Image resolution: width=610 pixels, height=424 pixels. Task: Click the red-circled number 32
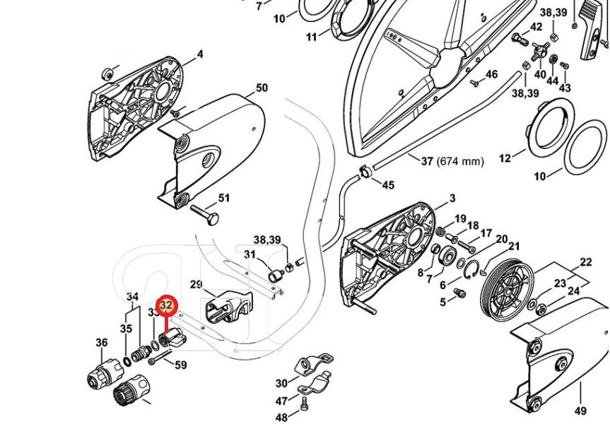166,306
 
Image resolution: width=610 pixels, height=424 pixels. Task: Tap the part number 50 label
262,88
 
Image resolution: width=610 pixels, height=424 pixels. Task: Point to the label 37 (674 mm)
452,161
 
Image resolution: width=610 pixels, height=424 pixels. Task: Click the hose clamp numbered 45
366,170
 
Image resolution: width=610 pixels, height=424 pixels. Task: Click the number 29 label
196,285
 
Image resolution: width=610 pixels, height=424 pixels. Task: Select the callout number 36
102,343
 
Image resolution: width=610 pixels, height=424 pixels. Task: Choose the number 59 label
181,365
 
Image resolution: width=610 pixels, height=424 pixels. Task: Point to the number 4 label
200,54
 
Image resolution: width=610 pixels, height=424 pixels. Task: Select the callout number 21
514,247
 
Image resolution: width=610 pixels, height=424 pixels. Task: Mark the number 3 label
452,199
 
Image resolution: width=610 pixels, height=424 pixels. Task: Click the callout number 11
312,37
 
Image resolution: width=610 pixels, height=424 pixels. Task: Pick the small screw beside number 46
476,81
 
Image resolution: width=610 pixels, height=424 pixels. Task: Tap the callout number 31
250,254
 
